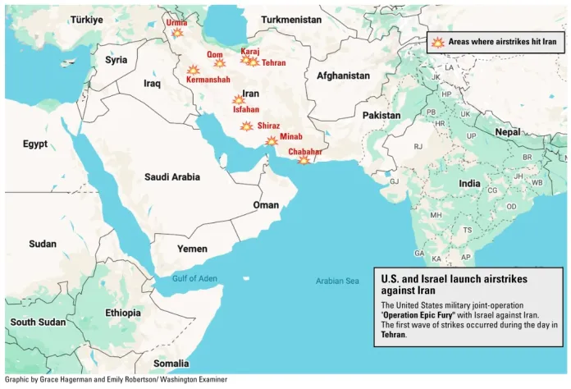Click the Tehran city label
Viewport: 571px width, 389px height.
coord(273,63)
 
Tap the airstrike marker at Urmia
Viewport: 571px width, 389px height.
coord(177,33)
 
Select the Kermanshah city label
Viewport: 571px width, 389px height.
coord(208,80)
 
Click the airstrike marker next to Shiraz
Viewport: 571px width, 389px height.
coord(246,126)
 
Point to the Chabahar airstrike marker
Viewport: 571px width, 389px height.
coord(304,160)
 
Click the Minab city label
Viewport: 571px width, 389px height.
coord(290,136)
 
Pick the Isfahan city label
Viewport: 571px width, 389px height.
coord(246,109)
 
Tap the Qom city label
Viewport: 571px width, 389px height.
coord(215,54)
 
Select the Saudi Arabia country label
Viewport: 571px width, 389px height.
coord(172,176)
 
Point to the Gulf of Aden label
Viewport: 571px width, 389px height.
coord(194,279)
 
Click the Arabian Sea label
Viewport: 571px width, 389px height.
coord(337,281)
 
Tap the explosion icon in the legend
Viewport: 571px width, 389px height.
coord(438,42)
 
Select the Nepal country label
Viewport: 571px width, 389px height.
coord(507,132)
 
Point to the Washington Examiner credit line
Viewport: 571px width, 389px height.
coord(115,380)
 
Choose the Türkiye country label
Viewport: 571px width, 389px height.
coord(86,19)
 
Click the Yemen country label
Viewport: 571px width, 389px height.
coord(192,248)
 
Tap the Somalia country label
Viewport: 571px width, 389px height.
coord(171,363)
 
